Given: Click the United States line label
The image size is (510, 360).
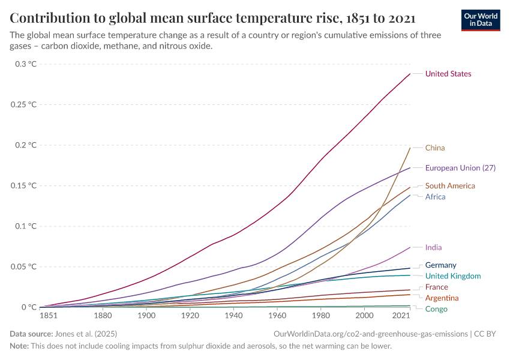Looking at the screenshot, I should (448, 74).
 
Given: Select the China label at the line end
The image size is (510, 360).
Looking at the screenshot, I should (435, 148).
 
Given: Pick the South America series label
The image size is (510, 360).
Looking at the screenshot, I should (450, 186).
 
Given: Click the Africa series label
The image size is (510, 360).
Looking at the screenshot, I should (435, 197).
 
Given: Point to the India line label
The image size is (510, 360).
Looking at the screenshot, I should (433, 247).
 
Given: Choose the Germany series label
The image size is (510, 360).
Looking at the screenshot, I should (440, 265).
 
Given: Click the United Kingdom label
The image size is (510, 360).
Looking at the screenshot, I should (453, 276).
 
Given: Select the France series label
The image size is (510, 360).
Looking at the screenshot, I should (436, 287).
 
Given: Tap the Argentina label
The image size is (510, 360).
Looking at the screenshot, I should (442, 298).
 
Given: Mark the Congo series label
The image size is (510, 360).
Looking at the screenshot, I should (436, 309).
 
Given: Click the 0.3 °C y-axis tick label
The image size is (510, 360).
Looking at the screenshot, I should (26, 64).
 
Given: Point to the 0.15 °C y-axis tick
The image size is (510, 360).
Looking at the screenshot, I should (23, 185).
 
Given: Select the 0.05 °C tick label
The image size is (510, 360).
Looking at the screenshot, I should (23, 266).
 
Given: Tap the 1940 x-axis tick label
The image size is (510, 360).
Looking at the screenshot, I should (233, 316).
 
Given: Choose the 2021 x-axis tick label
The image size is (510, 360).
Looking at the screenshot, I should (402, 316).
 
